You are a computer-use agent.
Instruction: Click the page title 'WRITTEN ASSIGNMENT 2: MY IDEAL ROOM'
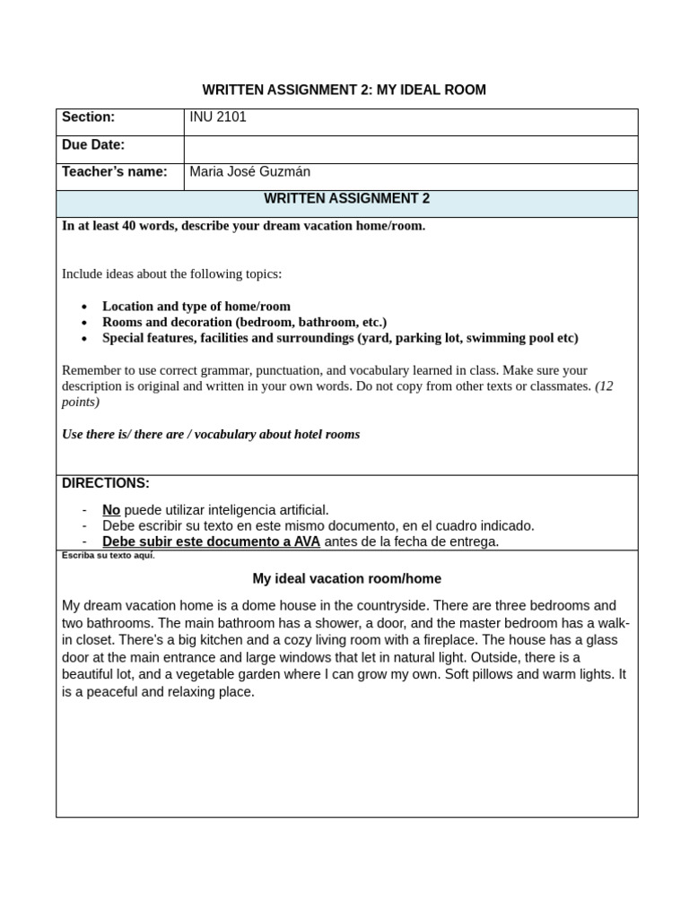click(344, 90)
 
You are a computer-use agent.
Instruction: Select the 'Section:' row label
click(88, 117)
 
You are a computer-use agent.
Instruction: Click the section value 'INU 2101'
click(218, 117)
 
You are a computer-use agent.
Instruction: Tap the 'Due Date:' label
click(92, 145)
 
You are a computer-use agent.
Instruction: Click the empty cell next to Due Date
click(410, 149)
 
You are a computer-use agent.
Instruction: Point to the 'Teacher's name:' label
click(114, 172)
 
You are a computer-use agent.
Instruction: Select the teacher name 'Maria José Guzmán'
click(250, 172)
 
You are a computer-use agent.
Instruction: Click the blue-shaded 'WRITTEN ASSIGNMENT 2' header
click(346, 199)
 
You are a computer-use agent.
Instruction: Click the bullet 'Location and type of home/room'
click(196, 307)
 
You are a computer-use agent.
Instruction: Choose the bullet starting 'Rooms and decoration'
click(244, 323)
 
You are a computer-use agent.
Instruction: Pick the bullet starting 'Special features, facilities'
click(340, 339)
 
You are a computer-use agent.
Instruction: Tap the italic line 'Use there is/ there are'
click(210, 435)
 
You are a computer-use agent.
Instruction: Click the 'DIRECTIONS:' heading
click(105, 483)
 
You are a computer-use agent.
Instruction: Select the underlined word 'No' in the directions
click(110, 510)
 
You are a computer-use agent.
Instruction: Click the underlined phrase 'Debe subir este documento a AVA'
click(211, 542)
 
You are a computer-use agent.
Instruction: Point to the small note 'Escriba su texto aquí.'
click(108, 556)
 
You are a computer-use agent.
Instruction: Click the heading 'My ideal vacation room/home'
click(346, 579)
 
